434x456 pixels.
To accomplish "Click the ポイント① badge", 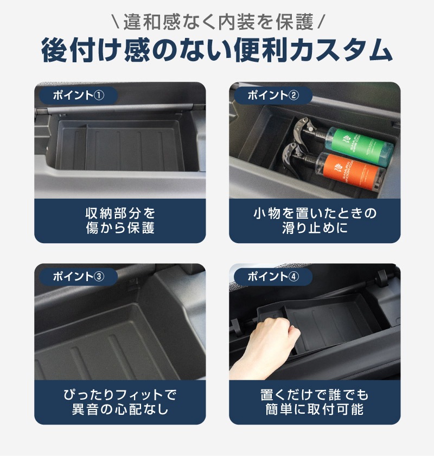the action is point(78,95).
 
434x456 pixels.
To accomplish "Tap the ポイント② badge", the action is point(273,95).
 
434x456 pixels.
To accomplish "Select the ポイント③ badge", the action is point(78,276).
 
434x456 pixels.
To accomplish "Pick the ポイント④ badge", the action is point(273,276).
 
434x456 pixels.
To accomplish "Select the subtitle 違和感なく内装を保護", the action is point(218,22).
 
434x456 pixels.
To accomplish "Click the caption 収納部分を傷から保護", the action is point(120,220).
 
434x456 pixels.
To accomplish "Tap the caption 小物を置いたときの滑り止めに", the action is point(315,220).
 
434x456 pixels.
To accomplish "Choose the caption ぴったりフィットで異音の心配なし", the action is point(120,402).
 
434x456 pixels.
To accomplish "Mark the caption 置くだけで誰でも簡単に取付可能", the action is point(315,402).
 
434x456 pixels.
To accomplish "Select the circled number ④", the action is point(293,276).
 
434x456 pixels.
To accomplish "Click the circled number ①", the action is point(99,95).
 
